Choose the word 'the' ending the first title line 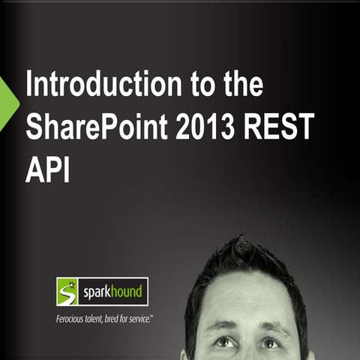(x=241, y=85)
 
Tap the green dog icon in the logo (x=67, y=291)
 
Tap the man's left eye (x=223, y=342)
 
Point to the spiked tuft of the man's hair (x=241, y=244)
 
